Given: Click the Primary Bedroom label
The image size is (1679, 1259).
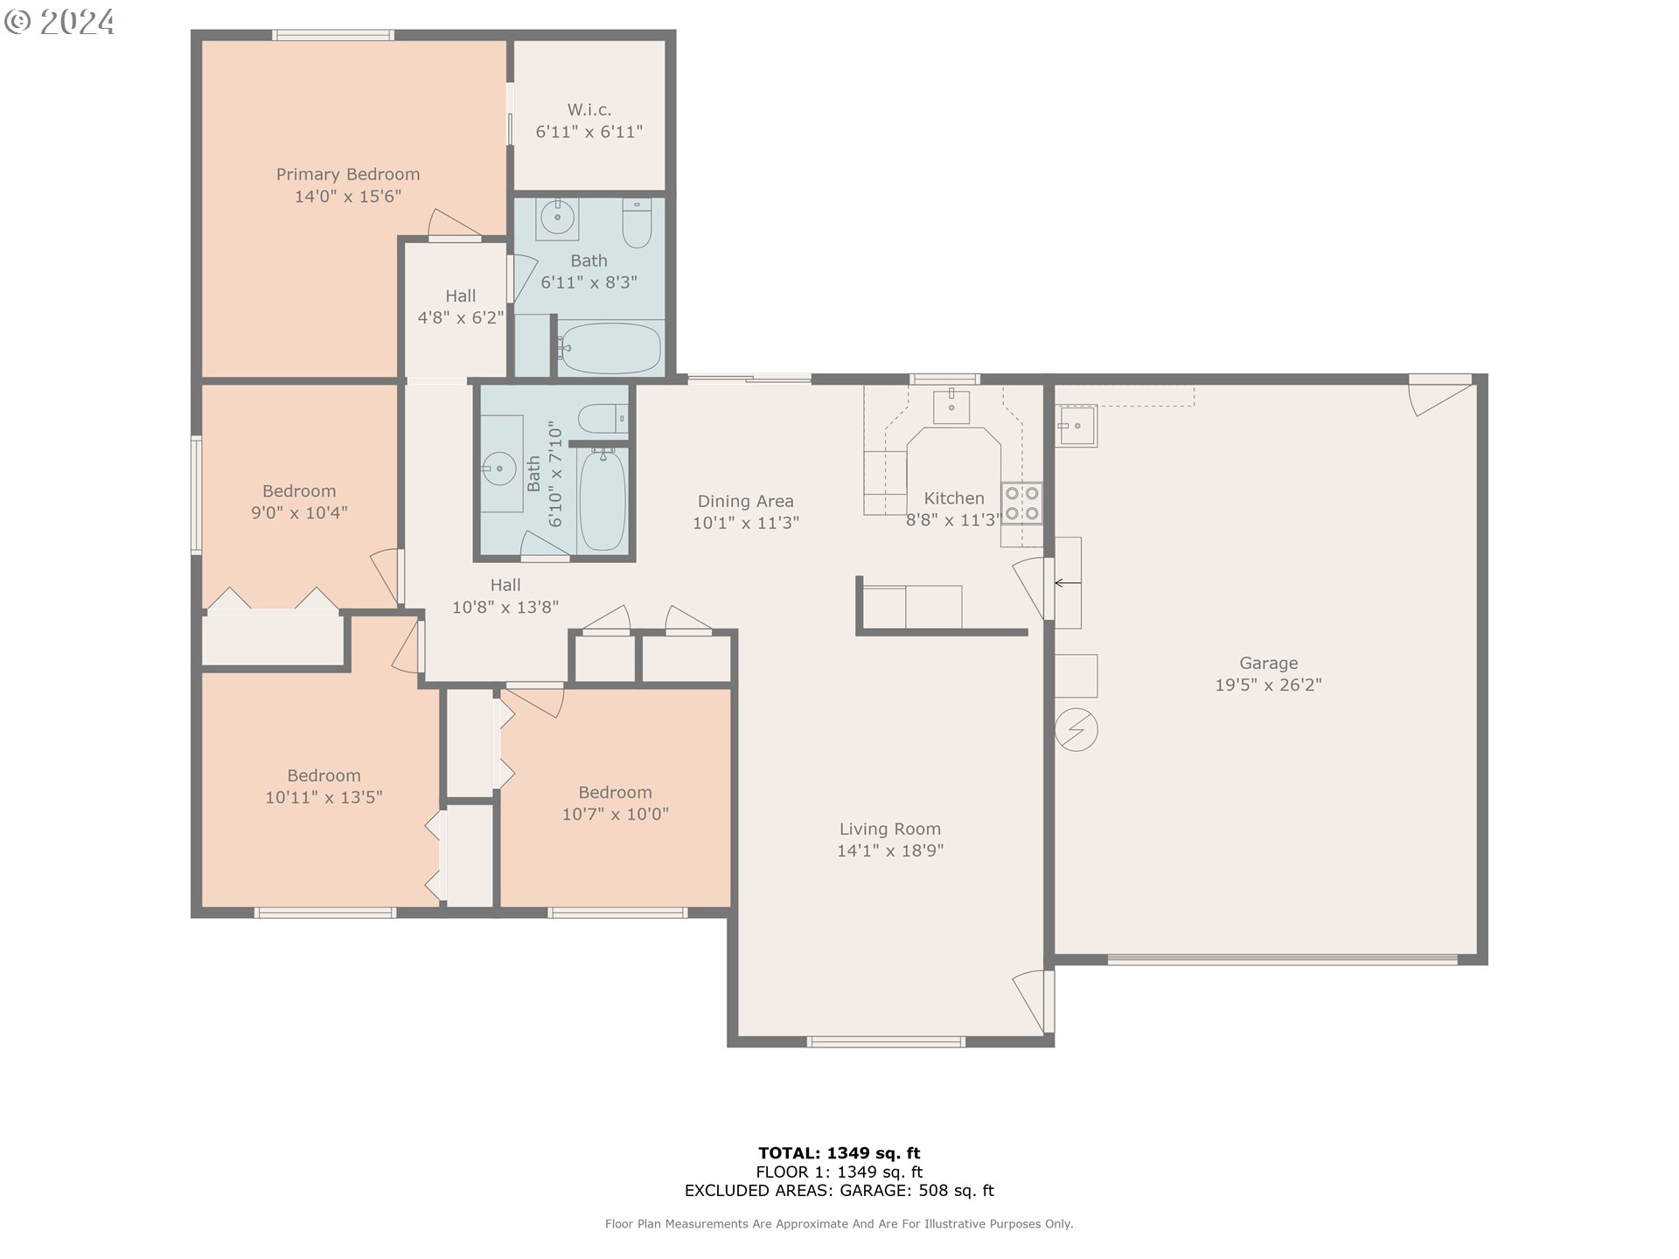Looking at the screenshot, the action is click(x=348, y=174).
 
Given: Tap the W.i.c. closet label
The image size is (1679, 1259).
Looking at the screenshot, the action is click(x=589, y=109).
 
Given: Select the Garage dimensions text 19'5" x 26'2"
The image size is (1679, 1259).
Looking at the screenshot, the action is click(x=1268, y=685).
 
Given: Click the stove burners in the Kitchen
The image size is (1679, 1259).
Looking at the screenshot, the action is click(x=1021, y=503).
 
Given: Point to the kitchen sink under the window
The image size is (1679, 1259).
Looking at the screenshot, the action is click(x=951, y=406).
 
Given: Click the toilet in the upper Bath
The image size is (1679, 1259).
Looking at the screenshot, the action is click(x=637, y=224).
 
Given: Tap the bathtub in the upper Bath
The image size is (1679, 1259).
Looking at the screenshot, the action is click(x=610, y=349).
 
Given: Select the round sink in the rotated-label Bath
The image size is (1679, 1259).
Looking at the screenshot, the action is click(x=499, y=469).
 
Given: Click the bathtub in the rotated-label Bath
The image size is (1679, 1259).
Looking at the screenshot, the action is click(x=603, y=500).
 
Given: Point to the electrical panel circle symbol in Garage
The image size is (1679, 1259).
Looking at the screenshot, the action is click(x=1076, y=729).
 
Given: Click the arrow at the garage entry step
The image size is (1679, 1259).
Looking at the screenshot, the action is click(x=1067, y=583).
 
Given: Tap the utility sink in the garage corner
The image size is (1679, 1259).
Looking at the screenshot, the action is click(x=1076, y=426).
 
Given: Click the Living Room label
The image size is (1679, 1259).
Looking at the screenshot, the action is click(x=890, y=829).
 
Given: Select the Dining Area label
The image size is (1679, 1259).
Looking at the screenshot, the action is click(x=745, y=501).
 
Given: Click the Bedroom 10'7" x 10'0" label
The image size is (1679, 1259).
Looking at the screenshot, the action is click(x=615, y=803).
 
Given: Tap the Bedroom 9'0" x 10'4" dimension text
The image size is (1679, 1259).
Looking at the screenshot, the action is click(x=299, y=513).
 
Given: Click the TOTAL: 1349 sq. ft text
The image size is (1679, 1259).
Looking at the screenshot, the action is click(x=839, y=1153).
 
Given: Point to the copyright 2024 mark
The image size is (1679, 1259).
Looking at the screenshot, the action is click(x=59, y=22).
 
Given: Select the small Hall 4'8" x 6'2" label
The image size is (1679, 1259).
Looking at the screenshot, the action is click(x=460, y=307).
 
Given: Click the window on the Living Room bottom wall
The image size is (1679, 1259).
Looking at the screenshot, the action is click(x=886, y=1041).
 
